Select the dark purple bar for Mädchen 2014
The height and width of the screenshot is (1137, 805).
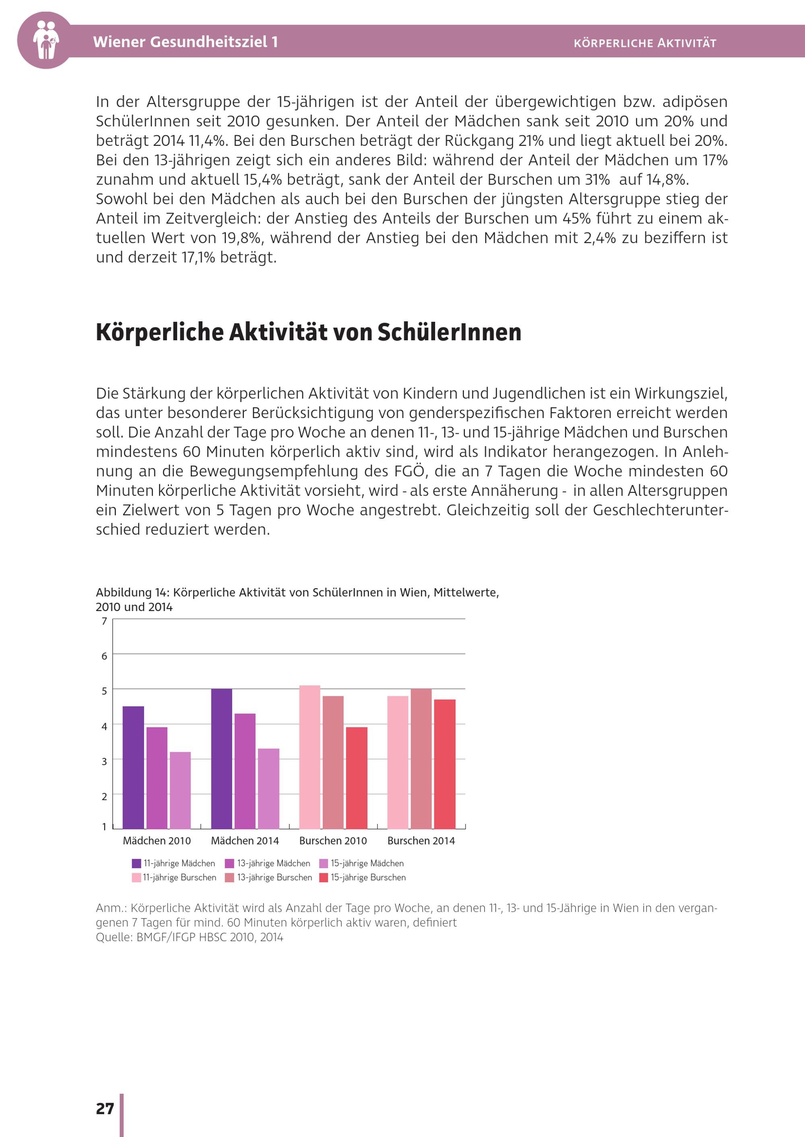tap(221, 759)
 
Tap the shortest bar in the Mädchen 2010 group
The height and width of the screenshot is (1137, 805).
tap(180, 790)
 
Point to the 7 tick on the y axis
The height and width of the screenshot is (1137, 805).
tap(104, 621)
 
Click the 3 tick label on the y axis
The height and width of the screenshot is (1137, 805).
tap(104, 761)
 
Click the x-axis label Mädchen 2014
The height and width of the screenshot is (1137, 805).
tap(245, 841)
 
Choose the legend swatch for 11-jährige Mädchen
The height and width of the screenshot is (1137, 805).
tap(136, 864)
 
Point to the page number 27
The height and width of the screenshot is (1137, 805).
tap(105, 1108)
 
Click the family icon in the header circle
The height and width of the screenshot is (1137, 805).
tap(45, 40)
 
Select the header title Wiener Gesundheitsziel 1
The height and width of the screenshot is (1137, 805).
tap(186, 41)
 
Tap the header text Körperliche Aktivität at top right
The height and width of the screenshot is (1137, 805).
tap(645, 43)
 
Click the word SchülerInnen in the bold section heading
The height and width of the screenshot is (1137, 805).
tap(449, 332)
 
